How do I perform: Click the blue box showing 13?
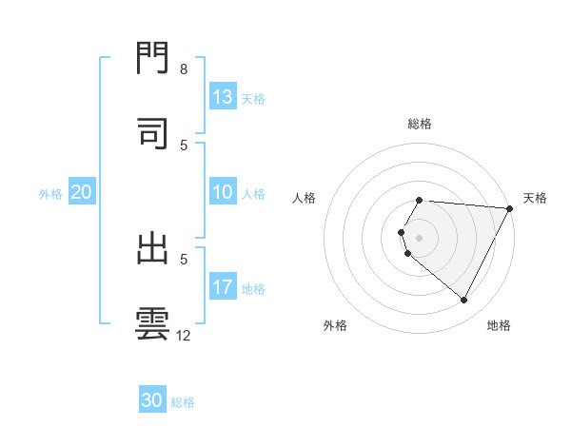(x=223, y=96)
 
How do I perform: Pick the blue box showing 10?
(x=223, y=193)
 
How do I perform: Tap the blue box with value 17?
(x=223, y=287)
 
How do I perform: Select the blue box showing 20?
(x=82, y=192)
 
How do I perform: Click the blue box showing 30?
(x=152, y=400)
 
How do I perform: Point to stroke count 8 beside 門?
(x=184, y=69)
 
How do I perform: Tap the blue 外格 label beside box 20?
(x=50, y=193)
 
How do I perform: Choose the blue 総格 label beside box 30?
(x=183, y=402)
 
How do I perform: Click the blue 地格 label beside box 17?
(x=253, y=288)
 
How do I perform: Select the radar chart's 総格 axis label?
(x=420, y=124)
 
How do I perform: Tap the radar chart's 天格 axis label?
(x=535, y=198)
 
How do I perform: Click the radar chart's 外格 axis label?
(x=335, y=325)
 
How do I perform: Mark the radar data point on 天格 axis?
(x=509, y=208)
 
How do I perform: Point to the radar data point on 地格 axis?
(x=464, y=301)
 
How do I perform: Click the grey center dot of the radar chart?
(x=420, y=237)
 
